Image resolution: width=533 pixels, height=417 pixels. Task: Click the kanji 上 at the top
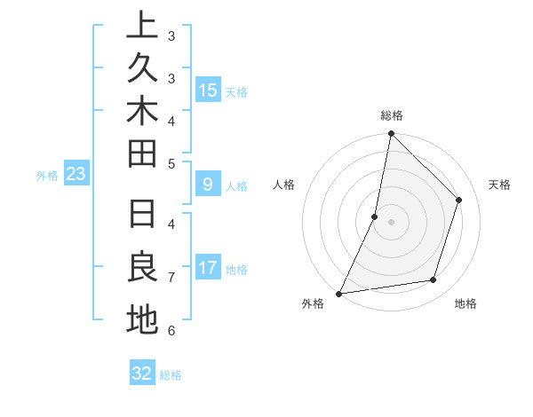[x=142, y=25]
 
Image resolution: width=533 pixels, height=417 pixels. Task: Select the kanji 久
[x=142, y=68]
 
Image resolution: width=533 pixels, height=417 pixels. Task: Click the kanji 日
[x=142, y=215]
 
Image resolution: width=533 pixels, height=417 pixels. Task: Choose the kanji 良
[x=142, y=267]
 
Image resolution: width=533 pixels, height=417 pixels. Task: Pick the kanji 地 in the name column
[x=142, y=319]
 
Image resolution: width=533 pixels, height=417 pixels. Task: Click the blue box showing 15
[x=207, y=90]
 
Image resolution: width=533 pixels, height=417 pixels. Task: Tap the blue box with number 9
[x=207, y=185]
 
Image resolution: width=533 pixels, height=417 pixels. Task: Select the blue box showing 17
[x=207, y=268]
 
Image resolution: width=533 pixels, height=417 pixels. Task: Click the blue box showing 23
[x=76, y=175]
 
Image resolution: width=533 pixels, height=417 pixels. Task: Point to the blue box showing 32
[x=142, y=374]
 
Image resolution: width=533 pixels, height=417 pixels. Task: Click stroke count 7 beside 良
[x=171, y=278]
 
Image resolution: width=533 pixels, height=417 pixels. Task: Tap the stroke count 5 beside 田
[x=171, y=162]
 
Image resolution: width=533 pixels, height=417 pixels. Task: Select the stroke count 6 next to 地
[x=171, y=330]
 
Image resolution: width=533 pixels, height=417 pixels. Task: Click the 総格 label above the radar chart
[x=391, y=115]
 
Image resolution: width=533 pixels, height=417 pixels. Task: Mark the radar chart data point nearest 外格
[x=339, y=293]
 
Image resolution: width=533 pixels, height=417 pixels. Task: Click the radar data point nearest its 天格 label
[x=459, y=200]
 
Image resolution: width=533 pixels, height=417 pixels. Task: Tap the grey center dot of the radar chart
[x=391, y=222]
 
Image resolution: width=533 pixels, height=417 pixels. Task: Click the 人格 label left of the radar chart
[x=283, y=185]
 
